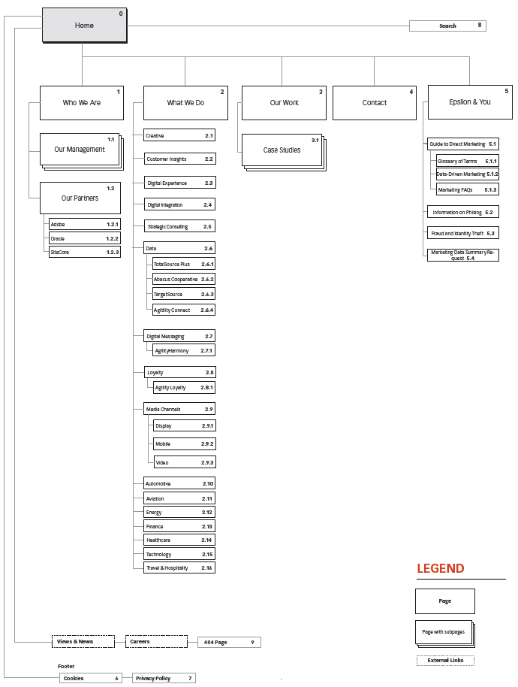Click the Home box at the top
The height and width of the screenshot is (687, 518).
coord(84,26)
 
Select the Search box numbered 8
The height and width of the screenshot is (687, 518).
coord(447,26)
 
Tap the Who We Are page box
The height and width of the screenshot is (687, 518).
coord(81,103)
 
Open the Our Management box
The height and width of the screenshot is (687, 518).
coord(80,149)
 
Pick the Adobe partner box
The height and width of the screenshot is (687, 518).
coord(84,224)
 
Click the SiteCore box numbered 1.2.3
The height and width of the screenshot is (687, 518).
coord(84,252)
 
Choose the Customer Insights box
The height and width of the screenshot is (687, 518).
coord(179,159)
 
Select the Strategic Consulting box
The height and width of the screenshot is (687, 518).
coord(179,226)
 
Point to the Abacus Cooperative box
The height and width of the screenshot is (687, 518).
coord(184,279)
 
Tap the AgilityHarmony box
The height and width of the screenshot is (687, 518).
coord(184,351)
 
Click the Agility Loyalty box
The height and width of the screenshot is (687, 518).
coord(184,388)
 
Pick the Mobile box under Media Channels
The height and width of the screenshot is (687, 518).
coord(184,444)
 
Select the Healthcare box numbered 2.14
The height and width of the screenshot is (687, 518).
coord(179,540)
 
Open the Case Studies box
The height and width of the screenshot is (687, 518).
coord(282,150)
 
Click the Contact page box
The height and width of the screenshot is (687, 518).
coord(374,103)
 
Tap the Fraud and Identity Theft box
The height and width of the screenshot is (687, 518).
coord(462,234)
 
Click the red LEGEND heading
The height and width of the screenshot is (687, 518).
coord(441,569)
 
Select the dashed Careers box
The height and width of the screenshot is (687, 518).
coord(155,642)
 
